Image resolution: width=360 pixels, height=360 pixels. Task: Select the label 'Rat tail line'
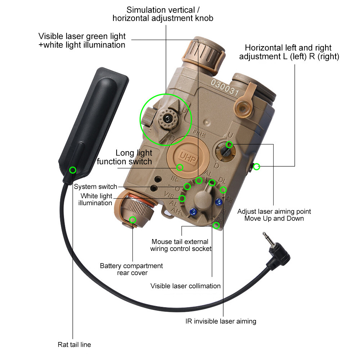[74, 345]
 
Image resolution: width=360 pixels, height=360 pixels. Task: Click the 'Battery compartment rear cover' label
[131, 269]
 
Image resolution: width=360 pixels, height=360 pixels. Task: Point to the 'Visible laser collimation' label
[185, 286]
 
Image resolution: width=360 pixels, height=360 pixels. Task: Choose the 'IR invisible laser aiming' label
[221, 321]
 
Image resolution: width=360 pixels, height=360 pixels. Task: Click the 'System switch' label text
[95, 186]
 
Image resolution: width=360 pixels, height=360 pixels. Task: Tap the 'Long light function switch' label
[124, 157]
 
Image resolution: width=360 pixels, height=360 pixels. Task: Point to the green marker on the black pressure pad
[73, 170]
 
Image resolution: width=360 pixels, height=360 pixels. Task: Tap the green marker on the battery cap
[133, 220]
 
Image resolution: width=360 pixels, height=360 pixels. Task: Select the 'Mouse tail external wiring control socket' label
[181, 245]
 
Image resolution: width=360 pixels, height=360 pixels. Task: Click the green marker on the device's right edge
[257, 167]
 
